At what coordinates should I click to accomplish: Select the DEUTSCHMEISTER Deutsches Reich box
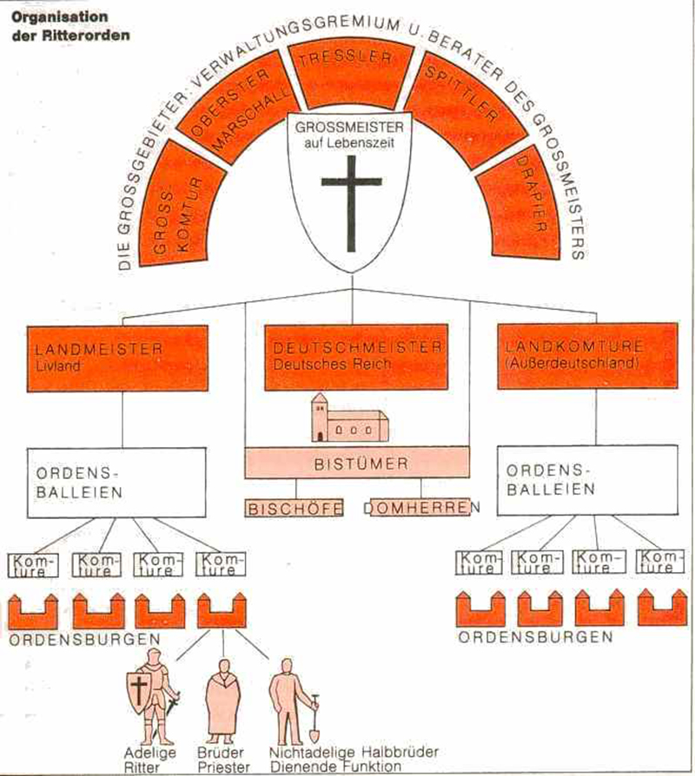point(356,356)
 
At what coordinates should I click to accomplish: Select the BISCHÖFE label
point(294,507)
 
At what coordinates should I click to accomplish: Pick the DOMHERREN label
point(421,507)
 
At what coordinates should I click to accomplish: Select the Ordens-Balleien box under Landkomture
point(586,480)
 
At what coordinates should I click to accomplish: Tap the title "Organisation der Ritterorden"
point(66,25)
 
